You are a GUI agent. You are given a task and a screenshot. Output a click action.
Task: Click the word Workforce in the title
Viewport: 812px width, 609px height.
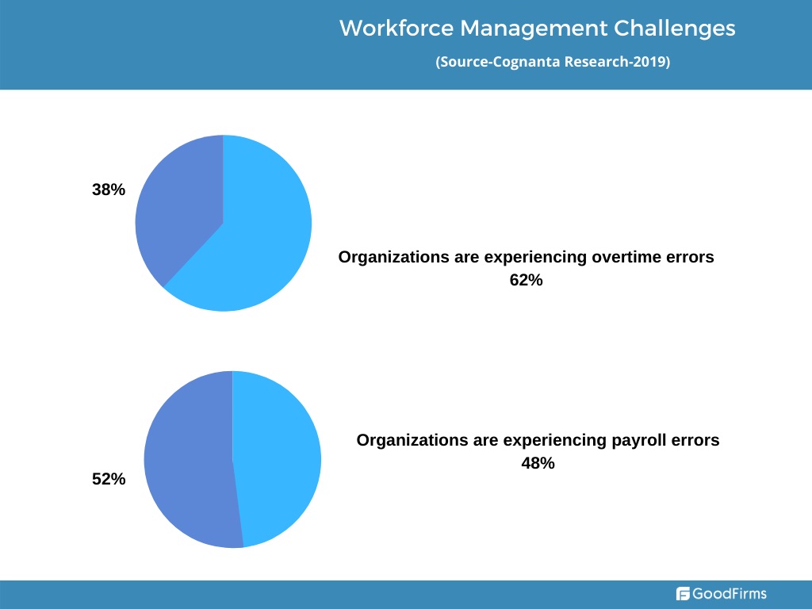pos(396,28)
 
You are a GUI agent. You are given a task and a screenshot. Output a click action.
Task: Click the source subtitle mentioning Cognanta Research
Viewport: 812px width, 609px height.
pos(553,62)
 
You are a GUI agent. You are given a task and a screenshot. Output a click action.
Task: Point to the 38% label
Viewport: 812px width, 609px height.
pos(109,190)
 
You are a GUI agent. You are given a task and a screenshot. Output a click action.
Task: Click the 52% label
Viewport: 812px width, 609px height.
pos(109,479)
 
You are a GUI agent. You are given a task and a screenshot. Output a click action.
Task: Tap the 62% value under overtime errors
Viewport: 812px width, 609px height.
pos(527,280)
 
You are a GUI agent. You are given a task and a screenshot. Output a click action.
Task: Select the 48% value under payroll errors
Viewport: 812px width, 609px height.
pos(538,463)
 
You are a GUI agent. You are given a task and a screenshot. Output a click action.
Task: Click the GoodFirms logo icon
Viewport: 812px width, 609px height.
pos(683,593)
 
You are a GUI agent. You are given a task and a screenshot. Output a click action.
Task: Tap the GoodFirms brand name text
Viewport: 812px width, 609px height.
pos(730,593)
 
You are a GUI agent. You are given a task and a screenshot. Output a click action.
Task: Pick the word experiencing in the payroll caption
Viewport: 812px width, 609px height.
pos(554,441)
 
